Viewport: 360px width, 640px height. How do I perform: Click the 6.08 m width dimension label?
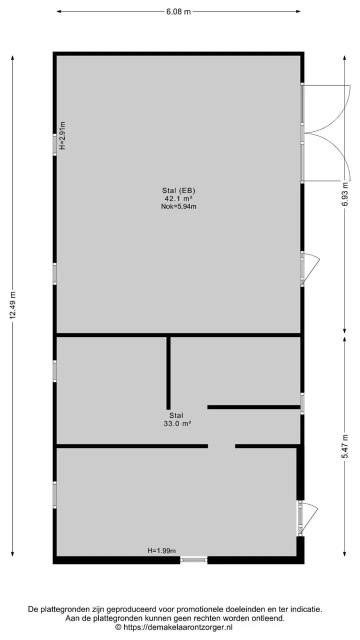coord(178,11)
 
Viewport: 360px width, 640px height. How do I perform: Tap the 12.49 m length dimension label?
coord(13,305)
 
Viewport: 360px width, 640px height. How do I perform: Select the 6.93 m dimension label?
coord(345,194)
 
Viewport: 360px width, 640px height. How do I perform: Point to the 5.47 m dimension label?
coord(345,446)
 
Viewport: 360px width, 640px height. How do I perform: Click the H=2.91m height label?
coord(62,135)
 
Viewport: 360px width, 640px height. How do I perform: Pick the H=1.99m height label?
coord(161,550)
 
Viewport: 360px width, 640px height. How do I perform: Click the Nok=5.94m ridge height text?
coord(178,206)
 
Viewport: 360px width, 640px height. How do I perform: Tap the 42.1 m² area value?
coord(178,198)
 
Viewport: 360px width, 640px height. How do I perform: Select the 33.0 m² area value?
coord(177,423)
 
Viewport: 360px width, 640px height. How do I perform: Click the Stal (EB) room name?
coord(178,190)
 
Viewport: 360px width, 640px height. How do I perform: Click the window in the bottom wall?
coord(194,560)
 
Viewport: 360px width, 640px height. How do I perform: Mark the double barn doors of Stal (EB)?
coord(325,133)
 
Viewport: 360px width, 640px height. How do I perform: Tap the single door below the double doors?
coord(309,269)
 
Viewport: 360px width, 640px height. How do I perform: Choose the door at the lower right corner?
coord(307,518)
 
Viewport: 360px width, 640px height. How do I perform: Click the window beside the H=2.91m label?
coord(54,145)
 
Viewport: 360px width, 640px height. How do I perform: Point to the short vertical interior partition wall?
coord(168,373)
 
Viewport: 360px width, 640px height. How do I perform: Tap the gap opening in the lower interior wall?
coord(221,446)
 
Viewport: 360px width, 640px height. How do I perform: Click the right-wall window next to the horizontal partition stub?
coord(302,403)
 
